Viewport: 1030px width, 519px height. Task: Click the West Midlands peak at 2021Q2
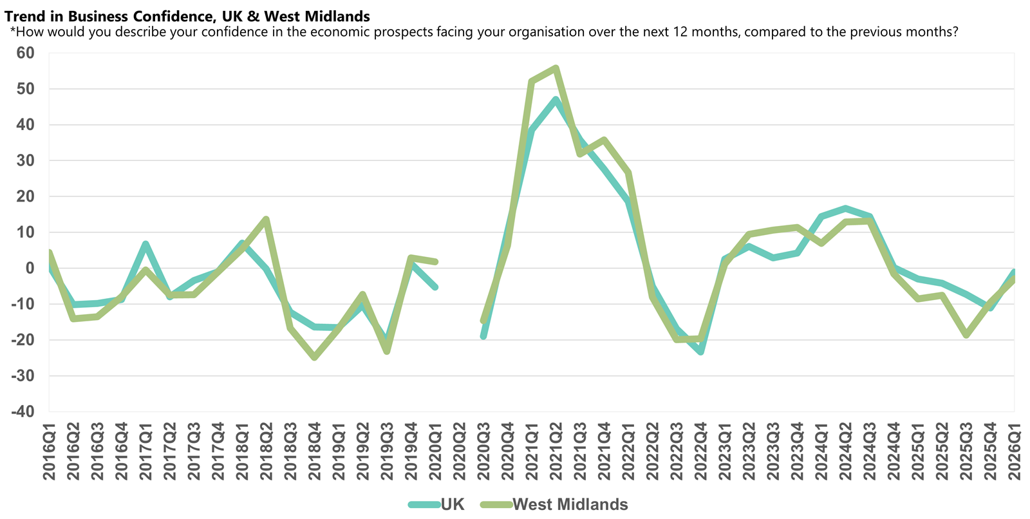click(x=556, y=68)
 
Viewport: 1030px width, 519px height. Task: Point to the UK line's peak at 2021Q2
click(x=556, y=100)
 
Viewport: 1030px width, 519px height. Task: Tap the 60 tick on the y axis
click(x=25, y=53)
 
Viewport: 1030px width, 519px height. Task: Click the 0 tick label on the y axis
click(x=30, y=269)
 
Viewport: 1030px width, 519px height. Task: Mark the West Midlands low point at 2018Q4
click(x=314, y=357)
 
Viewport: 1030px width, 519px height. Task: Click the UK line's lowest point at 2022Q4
click(x=700, y=352)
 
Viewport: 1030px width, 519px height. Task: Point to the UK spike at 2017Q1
click(x=145, y=244)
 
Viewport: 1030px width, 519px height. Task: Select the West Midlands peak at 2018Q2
click(x=266, y=220)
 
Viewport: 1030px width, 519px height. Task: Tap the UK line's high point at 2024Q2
click(x=845, y=209)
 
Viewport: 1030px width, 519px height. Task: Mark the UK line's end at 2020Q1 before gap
click(x=435, y=287)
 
